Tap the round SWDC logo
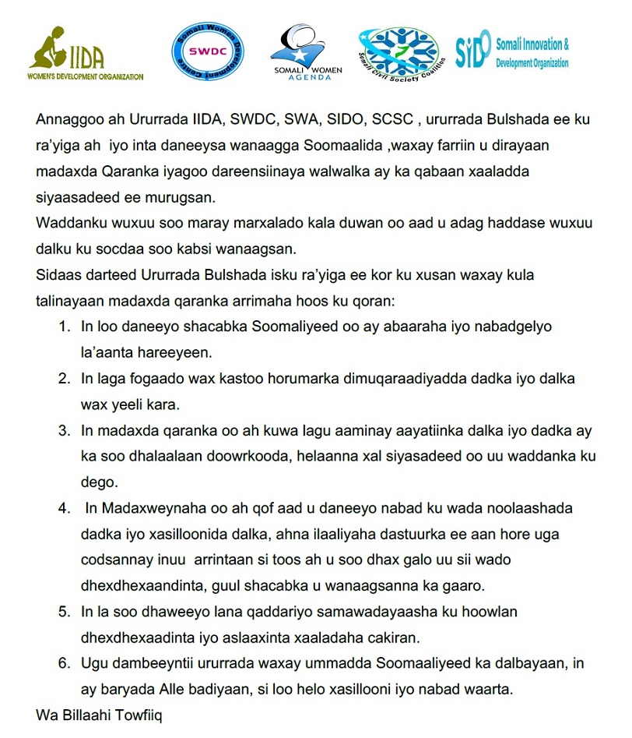pos(207,51)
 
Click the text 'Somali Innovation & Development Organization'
pos(532,53)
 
